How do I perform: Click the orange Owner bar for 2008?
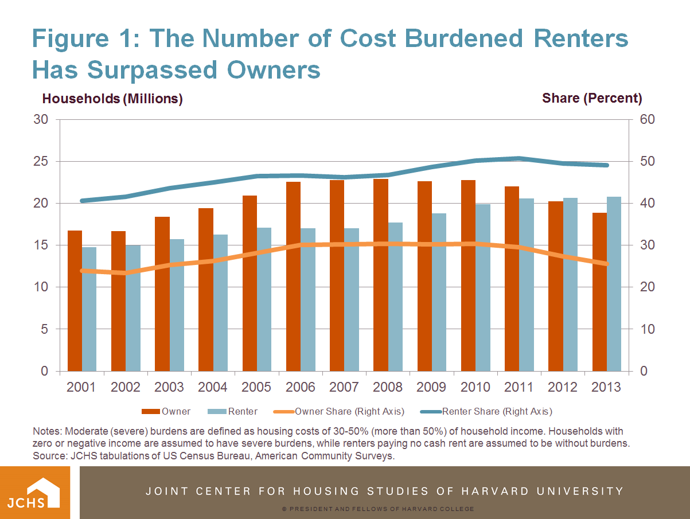(x=381, y=275)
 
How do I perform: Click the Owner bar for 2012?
(x=556, y=287)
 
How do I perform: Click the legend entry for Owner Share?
(x=349, y=411)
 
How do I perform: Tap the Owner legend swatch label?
(x=176, y=411)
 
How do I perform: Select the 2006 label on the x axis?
(x=301, y=387)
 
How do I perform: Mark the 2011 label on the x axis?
(x=519, y=387)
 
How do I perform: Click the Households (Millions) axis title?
(x=112, y=99)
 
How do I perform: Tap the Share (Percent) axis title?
(x=592, y=98)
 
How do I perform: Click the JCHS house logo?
(x=34, y=492)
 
